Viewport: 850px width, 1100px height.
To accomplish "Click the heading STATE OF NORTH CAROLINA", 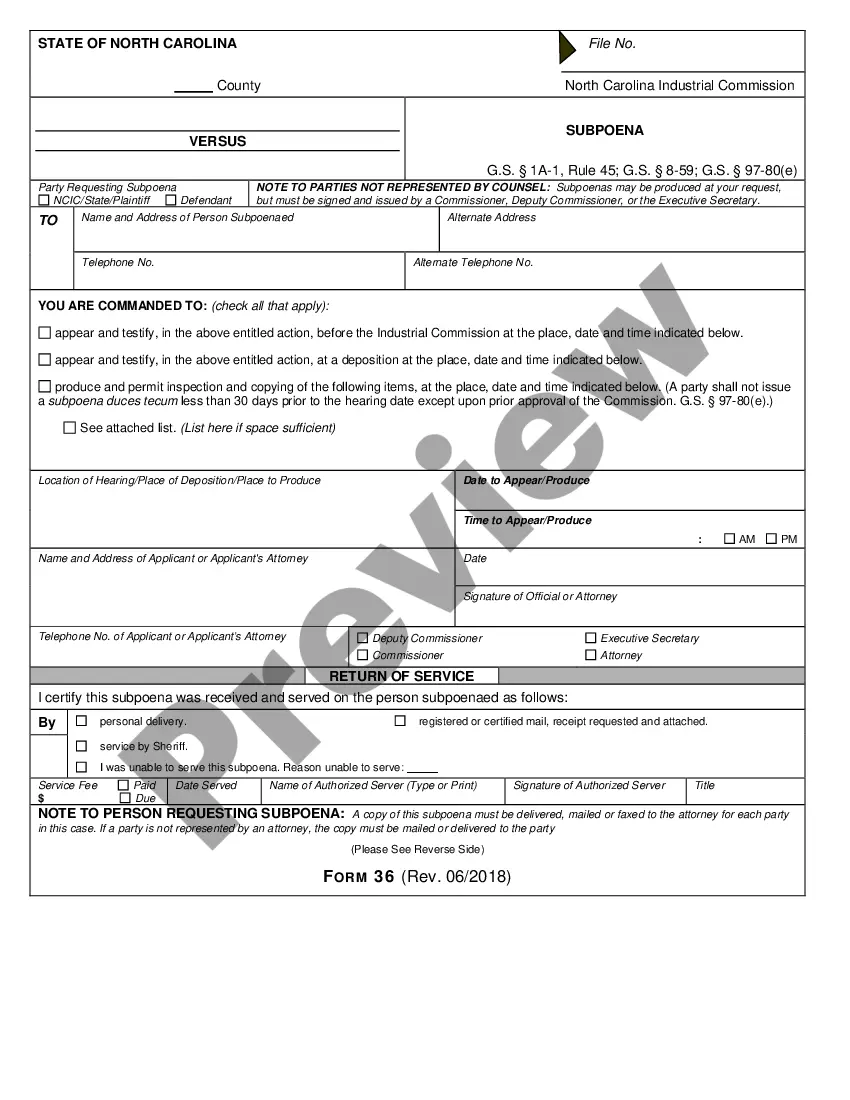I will tap(137, 43).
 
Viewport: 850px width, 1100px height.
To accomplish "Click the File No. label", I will tap(612, 43).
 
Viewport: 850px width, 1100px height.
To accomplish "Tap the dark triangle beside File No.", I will tap(567, 47).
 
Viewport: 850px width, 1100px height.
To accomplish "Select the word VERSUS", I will tap(217, 141).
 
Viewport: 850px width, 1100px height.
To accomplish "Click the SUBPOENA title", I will tap(604, 130).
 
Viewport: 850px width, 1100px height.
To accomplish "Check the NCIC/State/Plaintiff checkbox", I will tap(44, 200).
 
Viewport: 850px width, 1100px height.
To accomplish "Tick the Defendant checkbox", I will tap(171, 200).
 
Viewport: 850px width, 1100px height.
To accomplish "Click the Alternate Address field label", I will tap(491, 217).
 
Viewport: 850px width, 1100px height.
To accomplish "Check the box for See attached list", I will tap(69, 428).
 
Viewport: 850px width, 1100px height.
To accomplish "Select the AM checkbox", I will tap(729, 539).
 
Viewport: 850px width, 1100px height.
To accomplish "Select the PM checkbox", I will tap(771, 539).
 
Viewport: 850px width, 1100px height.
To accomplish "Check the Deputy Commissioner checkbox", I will tap(363, 638).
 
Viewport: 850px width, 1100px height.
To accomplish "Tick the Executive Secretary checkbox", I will tap(591, 638).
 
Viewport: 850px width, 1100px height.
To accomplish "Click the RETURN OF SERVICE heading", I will tap(401, 676).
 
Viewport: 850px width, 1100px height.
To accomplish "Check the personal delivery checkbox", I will tap(82, 721).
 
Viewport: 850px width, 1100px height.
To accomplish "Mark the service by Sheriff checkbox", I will tap(82, 746).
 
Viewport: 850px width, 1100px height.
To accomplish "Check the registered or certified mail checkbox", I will tap(400, 721).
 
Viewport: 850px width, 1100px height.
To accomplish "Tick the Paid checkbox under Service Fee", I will tap(124, 785).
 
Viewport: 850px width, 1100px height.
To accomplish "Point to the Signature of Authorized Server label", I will tap(589, 785).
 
